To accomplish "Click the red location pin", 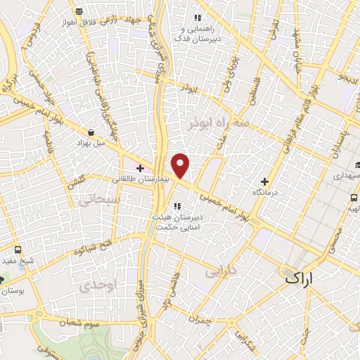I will coord(181,165).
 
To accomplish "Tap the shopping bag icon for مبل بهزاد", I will coord(92,131).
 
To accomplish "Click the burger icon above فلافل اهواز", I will coord(77,11).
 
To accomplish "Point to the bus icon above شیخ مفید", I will coord(18,249).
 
